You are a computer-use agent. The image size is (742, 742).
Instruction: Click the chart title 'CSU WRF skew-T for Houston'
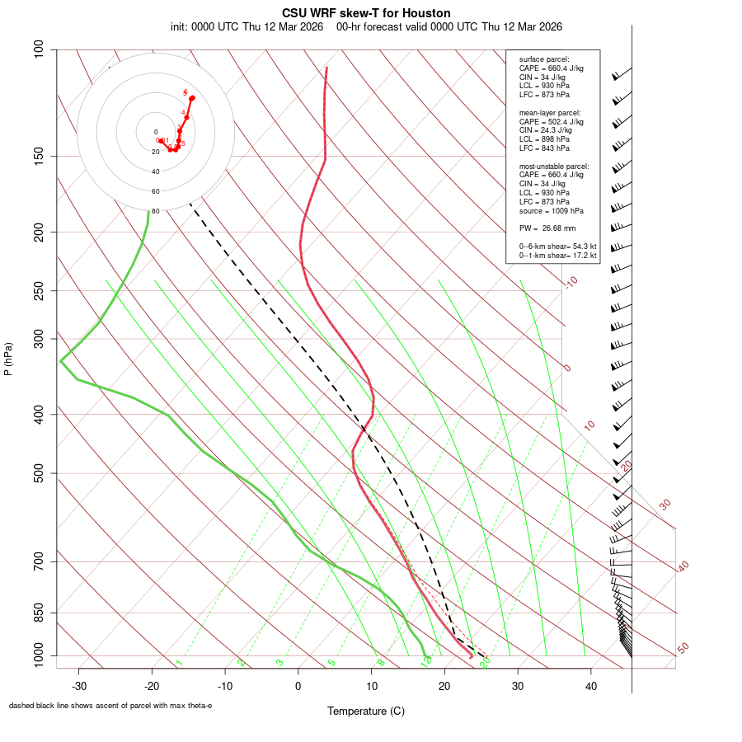pos(366,13)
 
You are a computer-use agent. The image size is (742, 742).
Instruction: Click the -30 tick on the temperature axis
pos(79,686)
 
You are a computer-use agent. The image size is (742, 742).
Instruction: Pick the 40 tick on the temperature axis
pos(591,686)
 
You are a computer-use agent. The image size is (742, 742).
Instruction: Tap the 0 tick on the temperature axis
pos(298,686)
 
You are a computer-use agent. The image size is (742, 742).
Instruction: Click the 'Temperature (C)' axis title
pos(366,711)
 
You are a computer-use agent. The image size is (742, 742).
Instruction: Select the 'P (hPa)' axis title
pos(8,359)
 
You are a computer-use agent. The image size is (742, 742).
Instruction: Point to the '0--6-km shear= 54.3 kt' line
pos(557,247)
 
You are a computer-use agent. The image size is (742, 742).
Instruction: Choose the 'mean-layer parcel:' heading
pos(550,112)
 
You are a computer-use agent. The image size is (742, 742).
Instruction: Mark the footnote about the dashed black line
pos(110,706)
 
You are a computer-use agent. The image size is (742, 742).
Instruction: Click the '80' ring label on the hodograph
pos(155,211)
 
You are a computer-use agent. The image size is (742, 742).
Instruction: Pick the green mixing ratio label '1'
pos(179,663)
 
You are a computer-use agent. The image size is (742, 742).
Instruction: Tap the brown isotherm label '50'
pos(683,648)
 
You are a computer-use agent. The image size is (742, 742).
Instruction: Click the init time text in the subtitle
pos(247,26)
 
